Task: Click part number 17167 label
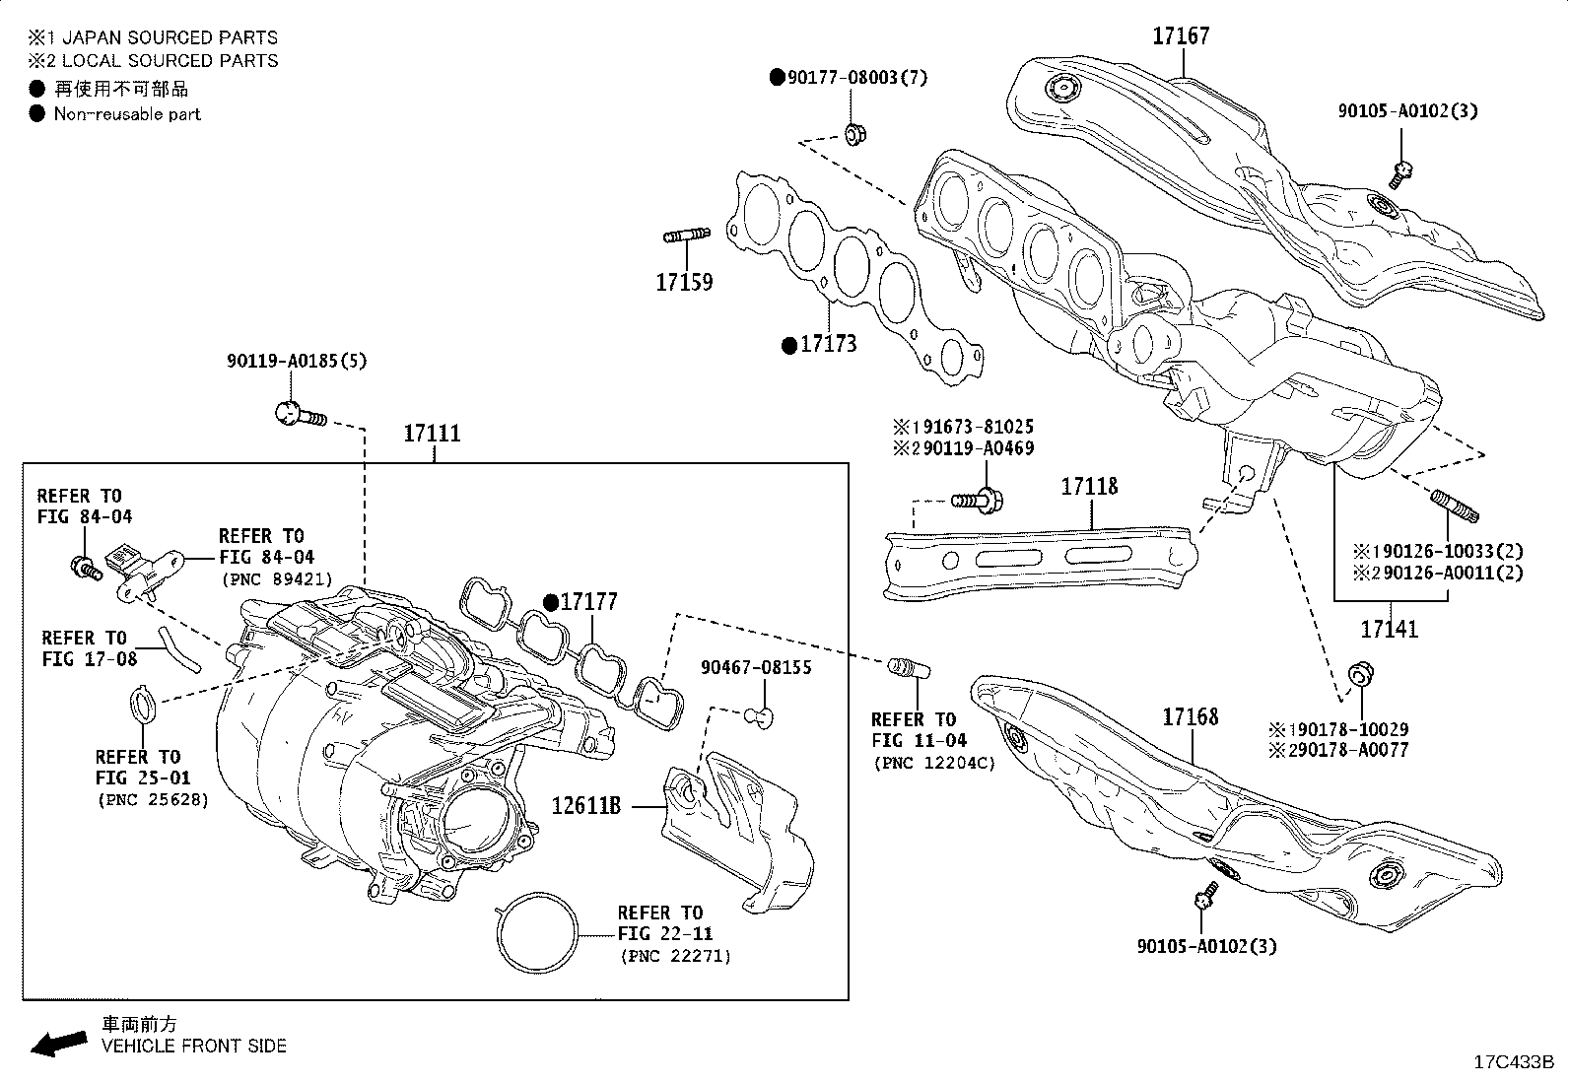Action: tap(1181, 36)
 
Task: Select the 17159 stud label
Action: tap(684, 283)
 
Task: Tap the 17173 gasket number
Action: tap(828, 344)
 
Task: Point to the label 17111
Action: tap(433, 434)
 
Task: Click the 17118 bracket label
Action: tap(1089, 487)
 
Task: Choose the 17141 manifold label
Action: tap(1390, 628)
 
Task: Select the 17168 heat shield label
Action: tap(1191, 716)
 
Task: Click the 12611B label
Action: tap(585, 805)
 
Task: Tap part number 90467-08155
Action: tap(756, 668)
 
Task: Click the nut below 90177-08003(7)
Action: tap(855, 133)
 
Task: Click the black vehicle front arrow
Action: tap(58, 1043)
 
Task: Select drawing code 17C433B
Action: tap(1512, 1062)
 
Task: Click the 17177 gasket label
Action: tap(588, 602)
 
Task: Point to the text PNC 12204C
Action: tap(932, 763)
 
